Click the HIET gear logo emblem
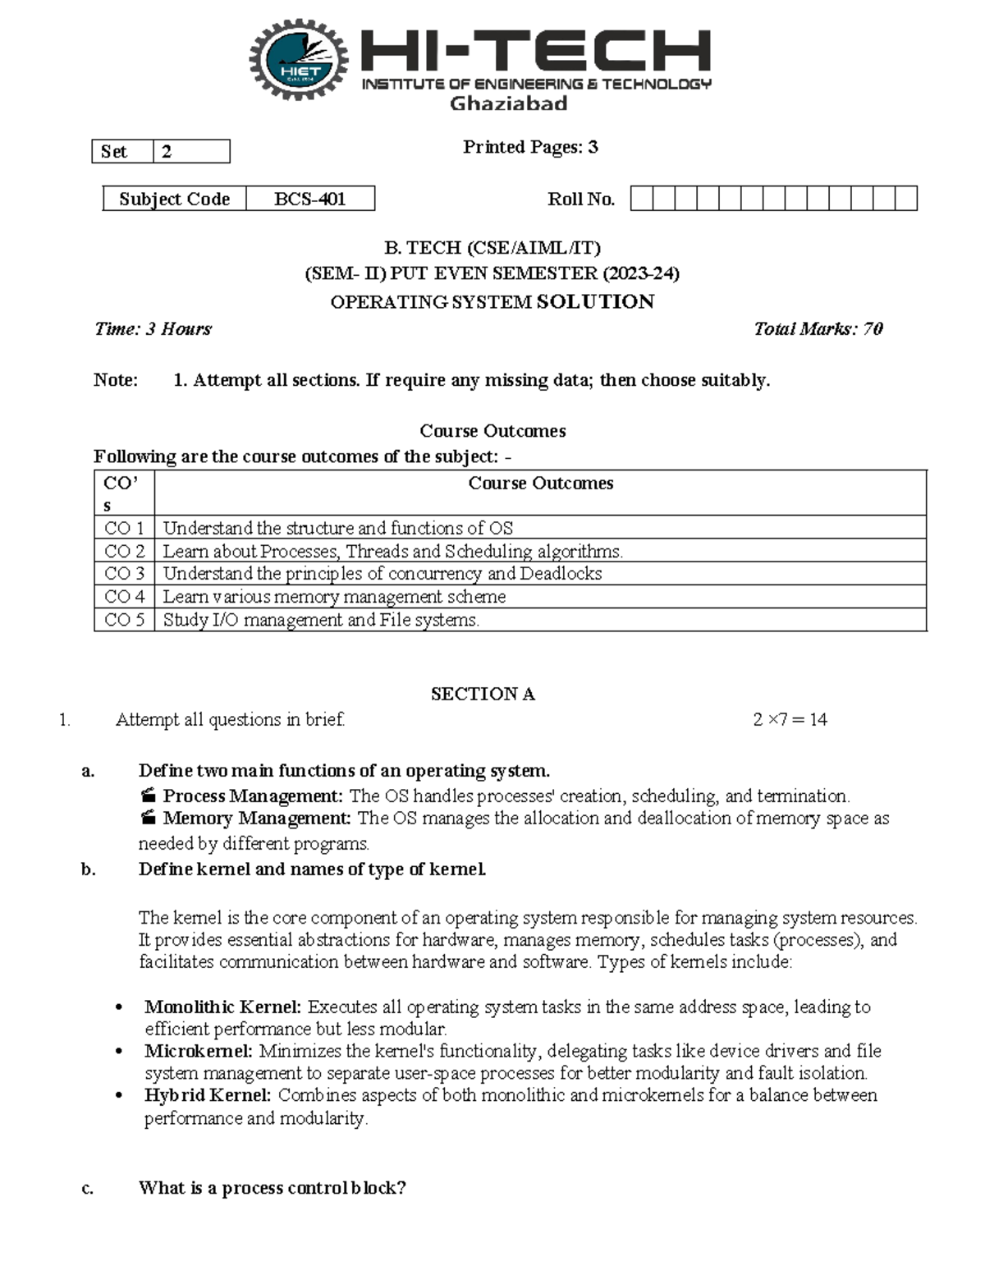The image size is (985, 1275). (x=299, y=60)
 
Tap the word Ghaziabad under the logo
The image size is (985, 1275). (x=508, y=103)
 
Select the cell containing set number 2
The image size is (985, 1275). (x=190, y=152)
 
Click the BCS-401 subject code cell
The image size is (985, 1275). (x=309, y=199)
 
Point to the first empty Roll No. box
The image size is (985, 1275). (x=642, y=199)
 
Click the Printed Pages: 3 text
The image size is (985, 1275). (x=530, y=147)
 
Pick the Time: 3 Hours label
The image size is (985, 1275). (x=153, y=329)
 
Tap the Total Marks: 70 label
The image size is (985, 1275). (x=818, y=329)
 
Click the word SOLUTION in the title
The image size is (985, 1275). (x=595, y=302)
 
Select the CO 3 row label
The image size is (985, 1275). (x=124, y=574)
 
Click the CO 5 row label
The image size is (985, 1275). (x=124, y=620)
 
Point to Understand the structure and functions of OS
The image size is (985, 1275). (x=337, y=528)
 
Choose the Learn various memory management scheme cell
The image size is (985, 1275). (x=334, y=597)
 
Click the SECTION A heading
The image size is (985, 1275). (x=483, y=695)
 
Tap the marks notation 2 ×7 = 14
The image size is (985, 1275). (x=790, y=720)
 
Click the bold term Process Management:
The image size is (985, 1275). (x=252, y=796)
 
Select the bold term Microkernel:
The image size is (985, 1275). (x=199, y=1051)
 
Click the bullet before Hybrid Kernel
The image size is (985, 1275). (x=120, y=1096)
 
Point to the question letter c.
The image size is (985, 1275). (x=88, y=1188)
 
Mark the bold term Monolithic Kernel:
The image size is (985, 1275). (x=223, y=1007)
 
